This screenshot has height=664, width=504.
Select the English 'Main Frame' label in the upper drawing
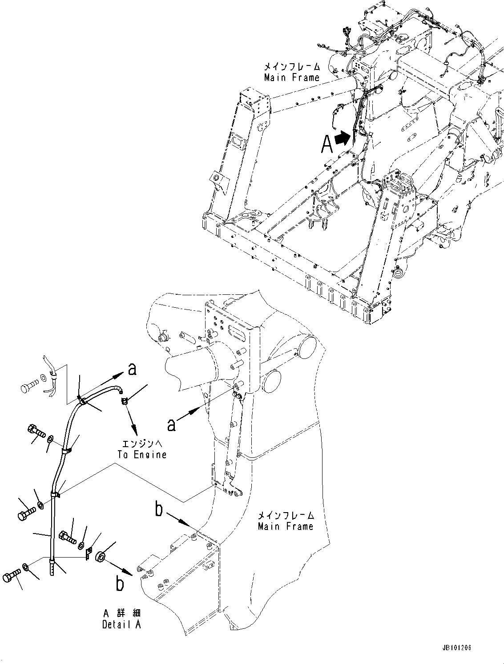point(291,77)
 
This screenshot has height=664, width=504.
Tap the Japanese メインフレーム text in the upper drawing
point(291,67)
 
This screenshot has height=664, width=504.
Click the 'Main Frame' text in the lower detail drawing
point(286,526)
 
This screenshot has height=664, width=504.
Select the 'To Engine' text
point(142,455)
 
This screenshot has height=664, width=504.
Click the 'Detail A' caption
point(121,625)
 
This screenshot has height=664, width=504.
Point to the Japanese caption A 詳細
point(121,614)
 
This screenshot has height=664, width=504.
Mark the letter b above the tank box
point(159,509)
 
